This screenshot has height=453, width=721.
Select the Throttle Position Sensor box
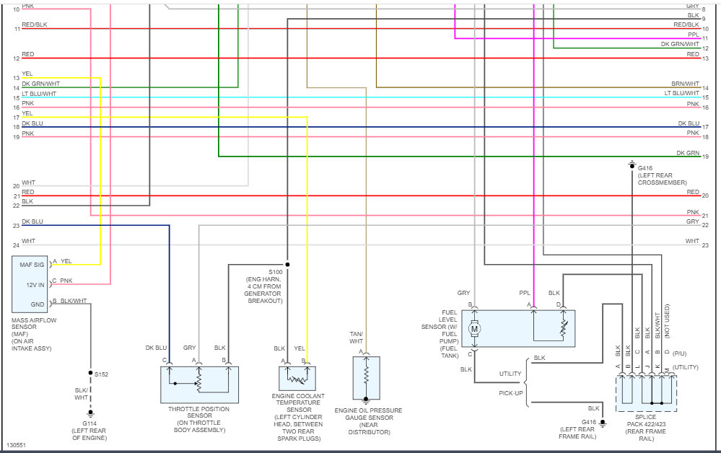[199, 384]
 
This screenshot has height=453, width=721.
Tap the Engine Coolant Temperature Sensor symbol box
[297, 378]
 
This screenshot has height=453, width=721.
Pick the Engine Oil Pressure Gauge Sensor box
[366, 377]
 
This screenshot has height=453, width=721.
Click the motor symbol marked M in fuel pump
[474, 329]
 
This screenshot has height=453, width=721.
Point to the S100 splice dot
[288, 264]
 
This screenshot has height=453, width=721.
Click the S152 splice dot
[90, 374]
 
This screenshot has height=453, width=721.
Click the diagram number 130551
[15, 445]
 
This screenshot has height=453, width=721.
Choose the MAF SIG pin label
[32, 265]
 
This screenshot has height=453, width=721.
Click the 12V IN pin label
[35, 285]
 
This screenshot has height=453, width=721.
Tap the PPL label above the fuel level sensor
[525, 293]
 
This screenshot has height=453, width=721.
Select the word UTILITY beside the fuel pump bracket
[510, 374]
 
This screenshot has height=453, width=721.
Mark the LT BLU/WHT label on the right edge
[682, 93]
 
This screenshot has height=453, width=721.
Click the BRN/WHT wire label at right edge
[686, 84]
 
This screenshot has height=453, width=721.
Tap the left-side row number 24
[16, 245]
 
